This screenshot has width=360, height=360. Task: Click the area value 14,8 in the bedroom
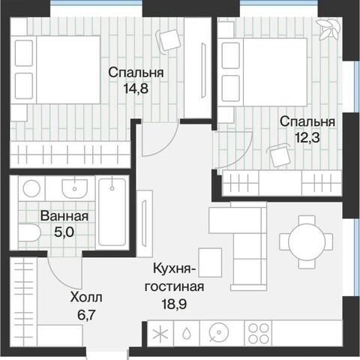pyautogui.click(x=136, y=88)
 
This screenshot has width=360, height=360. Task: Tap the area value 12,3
pyautogui.click(x=307, y=137)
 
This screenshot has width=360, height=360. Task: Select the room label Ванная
pyautogui.click(x=64, y=216)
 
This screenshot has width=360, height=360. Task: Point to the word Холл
pyautogui.click(x=86, y=298)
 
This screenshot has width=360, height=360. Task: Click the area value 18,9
pyautogui.click(x=174, y=304)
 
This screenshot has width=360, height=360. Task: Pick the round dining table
pyautogui.click(x=307, y=241)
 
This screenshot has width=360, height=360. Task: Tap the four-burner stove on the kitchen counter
pyautogui.click(x=258, y=333)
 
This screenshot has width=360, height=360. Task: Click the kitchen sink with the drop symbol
pyautogui.click(x=187, y=333)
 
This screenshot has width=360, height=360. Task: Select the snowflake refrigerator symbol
pyautogui.click(x=160, y=334)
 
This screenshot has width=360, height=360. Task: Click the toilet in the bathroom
pyautogui.click(x=29, y=232)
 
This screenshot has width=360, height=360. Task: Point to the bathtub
pyautogui.click(x=112, y=212)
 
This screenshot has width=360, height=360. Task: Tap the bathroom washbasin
pyautogui.click(x=75, y=188)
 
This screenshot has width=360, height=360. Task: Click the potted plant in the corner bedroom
pyautogui.click(x=328, y=29)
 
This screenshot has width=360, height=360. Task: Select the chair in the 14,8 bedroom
pyautogui.click(x=169, y=40)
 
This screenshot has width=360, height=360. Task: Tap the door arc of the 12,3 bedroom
pyautogui.click(x=242, y=155)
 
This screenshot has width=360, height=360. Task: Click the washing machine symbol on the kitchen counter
pyautogui.click(x=219, y=333)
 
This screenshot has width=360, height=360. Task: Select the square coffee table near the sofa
pyautogui.click(x=210, y=262)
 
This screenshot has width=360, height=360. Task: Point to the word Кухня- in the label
pyautogui.click(x=175, y=269)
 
